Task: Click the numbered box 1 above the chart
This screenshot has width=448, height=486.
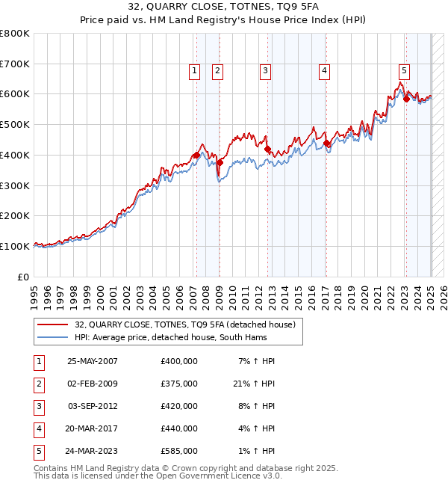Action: click(194, 71)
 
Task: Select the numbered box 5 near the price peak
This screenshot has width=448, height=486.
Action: click(404, 71)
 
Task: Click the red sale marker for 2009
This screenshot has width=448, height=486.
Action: click(220, 162)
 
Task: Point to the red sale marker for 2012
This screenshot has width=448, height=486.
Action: click(267, 149)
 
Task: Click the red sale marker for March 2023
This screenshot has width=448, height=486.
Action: click(406, 99)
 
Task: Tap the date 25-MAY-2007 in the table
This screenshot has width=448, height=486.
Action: click(93, 361)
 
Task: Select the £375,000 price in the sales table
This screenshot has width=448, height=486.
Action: click(178, 384)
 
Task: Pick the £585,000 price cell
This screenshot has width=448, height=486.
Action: click(178, 451)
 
